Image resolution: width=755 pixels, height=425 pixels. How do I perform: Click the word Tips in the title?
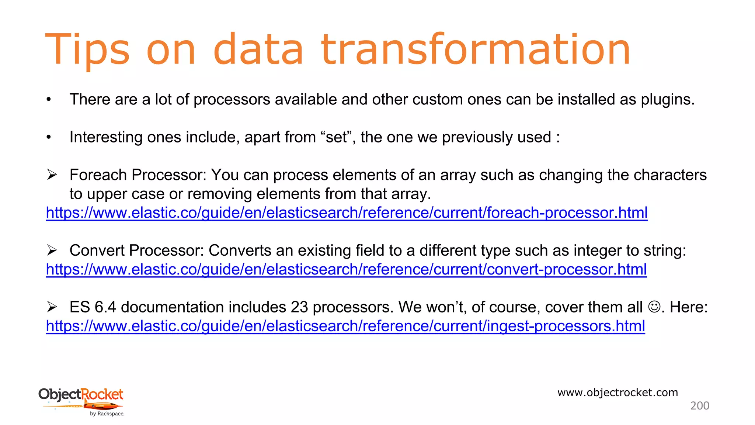[87, 50]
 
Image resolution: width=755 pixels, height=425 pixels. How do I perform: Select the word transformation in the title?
[476, 50]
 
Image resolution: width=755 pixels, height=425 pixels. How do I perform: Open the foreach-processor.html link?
[347, 213]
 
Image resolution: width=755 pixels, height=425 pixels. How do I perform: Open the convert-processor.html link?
[346, 270]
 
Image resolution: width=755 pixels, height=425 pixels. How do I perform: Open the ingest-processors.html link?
[345, 326]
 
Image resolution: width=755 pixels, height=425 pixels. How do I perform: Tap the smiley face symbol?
[654, 307]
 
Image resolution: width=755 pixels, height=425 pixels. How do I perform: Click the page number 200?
[699, 406]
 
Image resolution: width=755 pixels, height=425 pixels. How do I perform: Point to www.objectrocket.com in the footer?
[617, 393]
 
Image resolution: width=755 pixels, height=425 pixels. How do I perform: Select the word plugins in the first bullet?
[667, 100]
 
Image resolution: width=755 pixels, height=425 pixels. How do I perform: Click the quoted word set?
[336, 137]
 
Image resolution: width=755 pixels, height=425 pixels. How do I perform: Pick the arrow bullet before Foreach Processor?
[52, 175]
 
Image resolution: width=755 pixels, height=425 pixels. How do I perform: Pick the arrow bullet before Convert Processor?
[52, 250]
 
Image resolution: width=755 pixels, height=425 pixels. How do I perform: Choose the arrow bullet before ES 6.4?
[52, 307]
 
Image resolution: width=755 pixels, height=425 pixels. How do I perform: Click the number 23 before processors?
[299, 307]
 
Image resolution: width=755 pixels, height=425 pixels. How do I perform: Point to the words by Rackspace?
[107, 414]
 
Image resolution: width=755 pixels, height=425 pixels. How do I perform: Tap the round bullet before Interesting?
[49, 137]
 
